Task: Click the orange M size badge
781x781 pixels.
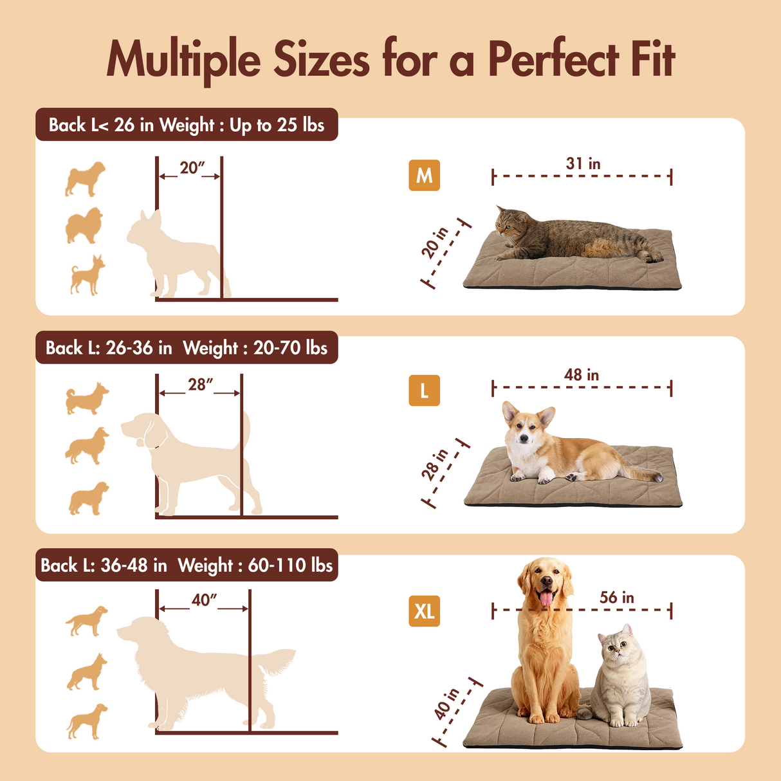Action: [x=424, y=175]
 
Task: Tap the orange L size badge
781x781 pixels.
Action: [x=424, y=390]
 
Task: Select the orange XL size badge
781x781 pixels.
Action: [x=424, y=611]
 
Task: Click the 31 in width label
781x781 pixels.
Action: [x=583, y=164]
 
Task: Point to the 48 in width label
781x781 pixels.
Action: [x=582, y=375]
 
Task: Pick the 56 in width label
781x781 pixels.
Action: [x=616, y=598]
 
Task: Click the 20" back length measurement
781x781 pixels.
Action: [x=192, y=168]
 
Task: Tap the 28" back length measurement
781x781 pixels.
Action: [x=200, y=385]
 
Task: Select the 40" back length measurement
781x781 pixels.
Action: [x=204, y=600]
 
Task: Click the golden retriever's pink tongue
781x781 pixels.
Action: [x=545, y=599]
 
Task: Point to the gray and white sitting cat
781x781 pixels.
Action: [x=621, y=679]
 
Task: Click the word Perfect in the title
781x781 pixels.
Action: [x=553, y=59]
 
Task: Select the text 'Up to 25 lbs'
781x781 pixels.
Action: [x=277, y=125]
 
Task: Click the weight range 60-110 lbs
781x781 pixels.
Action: [x=290, y=565]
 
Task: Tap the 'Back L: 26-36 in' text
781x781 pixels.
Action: [x=109, y=348]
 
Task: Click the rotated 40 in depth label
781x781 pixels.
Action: [x=446, y=704]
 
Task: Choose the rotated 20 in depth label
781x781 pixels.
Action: [x=435, y=243]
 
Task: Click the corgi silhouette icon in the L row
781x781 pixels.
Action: [x=87, y=398]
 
